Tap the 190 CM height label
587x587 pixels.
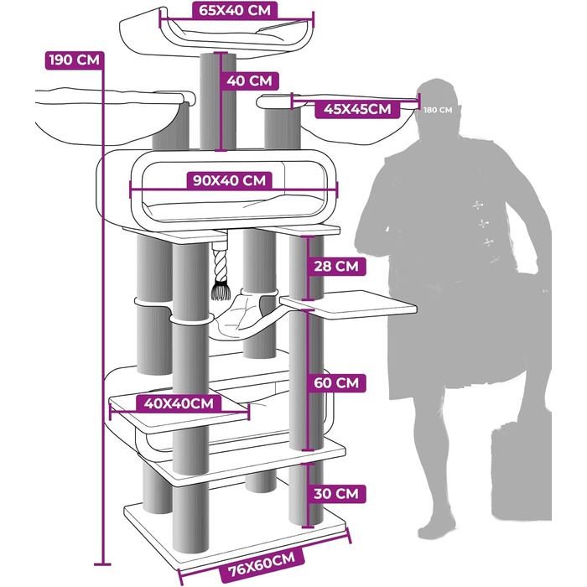coord(74,60)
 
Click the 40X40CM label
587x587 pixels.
coord(179,403)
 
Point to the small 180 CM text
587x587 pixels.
coord(438,110)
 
